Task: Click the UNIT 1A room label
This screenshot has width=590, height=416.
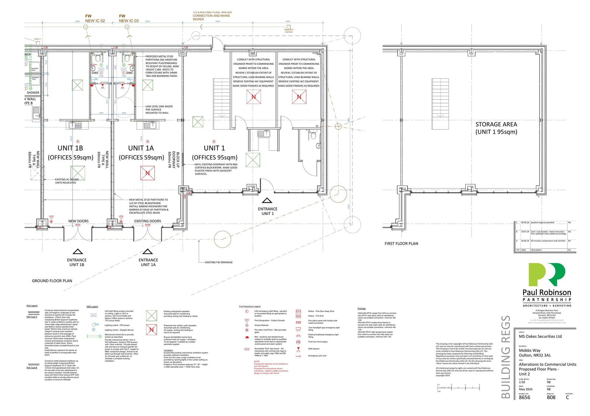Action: point(141,148)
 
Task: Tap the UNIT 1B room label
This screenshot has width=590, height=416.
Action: point(70,148)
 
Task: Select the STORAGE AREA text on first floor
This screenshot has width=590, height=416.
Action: point(496,124)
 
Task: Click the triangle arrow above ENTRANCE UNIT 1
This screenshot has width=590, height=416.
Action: point(267,201)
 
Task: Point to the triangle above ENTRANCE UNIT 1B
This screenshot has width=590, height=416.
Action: point(77,252)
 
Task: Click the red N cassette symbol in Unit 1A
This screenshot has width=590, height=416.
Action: point(147,173)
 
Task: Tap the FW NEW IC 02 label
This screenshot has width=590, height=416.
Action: point(95,19)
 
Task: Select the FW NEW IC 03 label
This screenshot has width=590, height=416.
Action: point(128,19)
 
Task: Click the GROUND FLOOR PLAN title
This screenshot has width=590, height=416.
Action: point(52,281)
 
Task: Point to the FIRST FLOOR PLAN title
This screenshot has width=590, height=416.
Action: point(401,244)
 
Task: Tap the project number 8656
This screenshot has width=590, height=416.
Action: point(524,398)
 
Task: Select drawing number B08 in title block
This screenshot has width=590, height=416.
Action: point(551,398)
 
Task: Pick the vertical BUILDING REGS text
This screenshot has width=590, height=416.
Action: point(506,357)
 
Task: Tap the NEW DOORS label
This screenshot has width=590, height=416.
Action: point(78,221)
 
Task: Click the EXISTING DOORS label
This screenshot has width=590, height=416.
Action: point(147,221)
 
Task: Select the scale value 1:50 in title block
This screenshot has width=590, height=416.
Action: point(523,382)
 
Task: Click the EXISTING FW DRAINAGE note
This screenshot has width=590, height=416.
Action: point(219,262)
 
